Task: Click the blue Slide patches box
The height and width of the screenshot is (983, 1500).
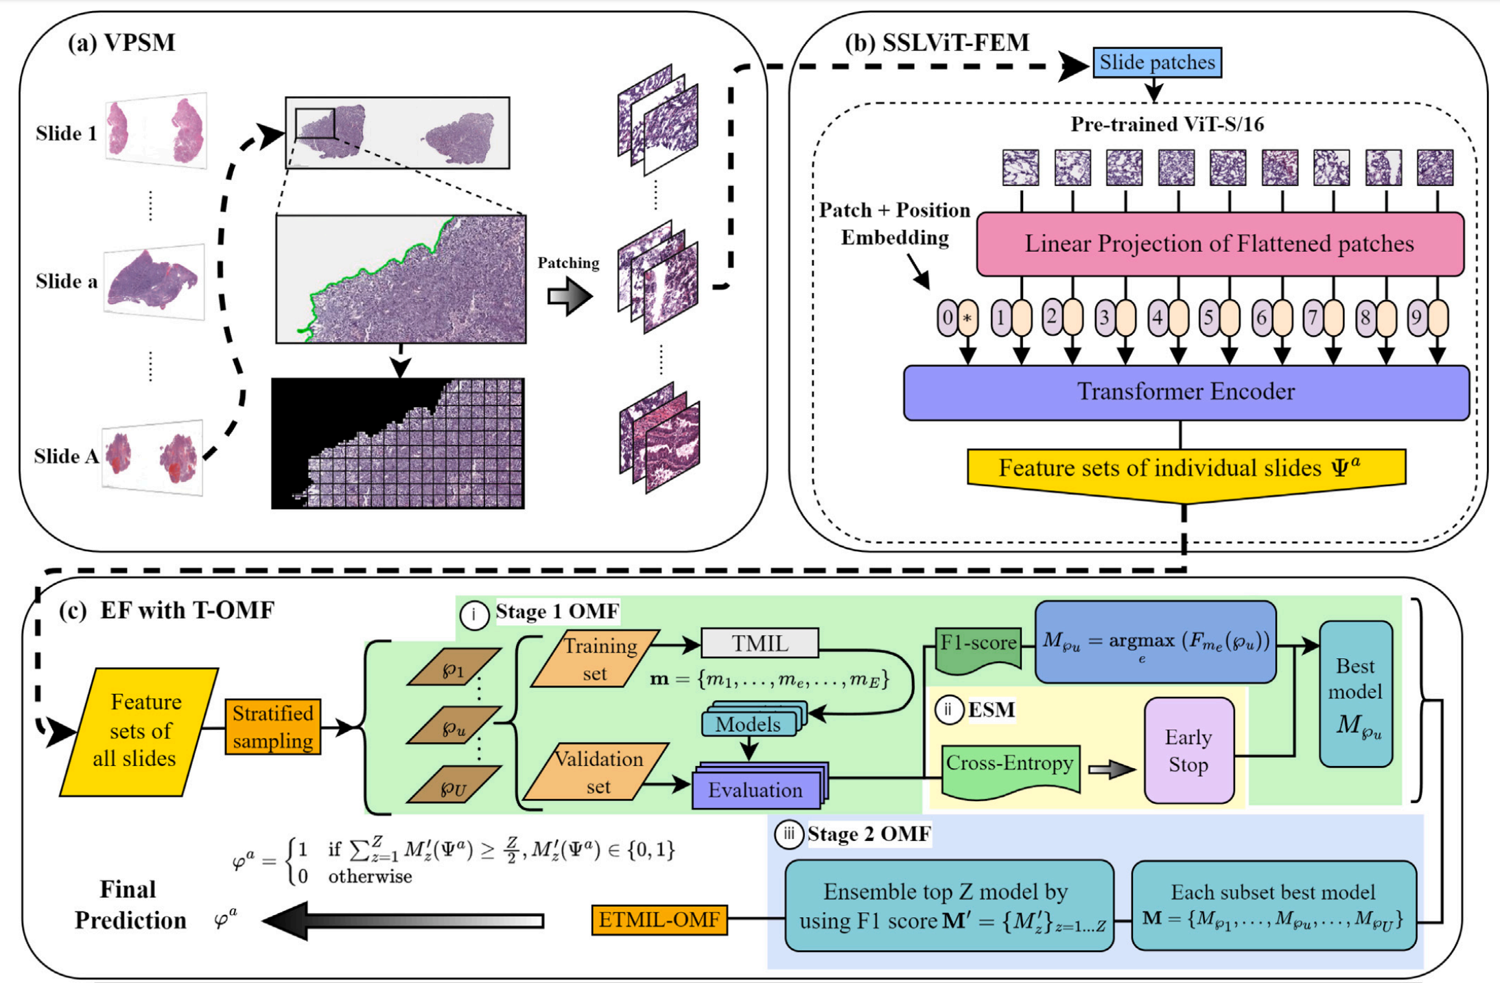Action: pyautogui.click(x=1156, y=62)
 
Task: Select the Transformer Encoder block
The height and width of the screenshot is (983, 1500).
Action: pyautogui.click(x=1186, y=392)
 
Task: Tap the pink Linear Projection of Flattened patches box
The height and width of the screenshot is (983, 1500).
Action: pyautogui.click(x=1219, y=244)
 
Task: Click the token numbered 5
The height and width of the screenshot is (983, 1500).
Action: pyautogui.click(x=1209, y=318)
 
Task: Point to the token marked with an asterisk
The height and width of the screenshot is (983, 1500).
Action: pyautogui.click(x=968, y=319)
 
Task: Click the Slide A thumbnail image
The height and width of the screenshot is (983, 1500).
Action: pyautogui.click(x=152, y=456)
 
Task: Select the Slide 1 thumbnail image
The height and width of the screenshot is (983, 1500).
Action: pyautogui.click(x=156, y=130)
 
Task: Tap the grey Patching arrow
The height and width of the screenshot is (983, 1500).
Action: pyautogui.click(x=570, y=297)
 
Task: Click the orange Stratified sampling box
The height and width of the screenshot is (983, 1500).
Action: pyautogui.click(x=272, y=728)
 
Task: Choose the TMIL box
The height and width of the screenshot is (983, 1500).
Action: pyautogui.click(x=760, y=643)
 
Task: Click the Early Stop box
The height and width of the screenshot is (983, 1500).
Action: pyautogui.click(x=1188, y=751)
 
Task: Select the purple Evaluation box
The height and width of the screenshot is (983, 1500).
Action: pyautogui.click(x=755, y=789)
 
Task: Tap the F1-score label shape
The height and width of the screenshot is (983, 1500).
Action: pyautogui.click(x=978, y=647)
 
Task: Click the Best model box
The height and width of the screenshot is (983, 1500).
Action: pyautogui.click(x=1355, y=694)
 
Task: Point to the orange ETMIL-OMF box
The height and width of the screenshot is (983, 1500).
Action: pyautogui.click(x=659, y=920)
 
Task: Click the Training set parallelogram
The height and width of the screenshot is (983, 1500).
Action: pyautogui.click(x=596, y=659)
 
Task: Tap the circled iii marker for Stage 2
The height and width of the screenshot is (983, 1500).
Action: pyautogui.click(x=788, y=834)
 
